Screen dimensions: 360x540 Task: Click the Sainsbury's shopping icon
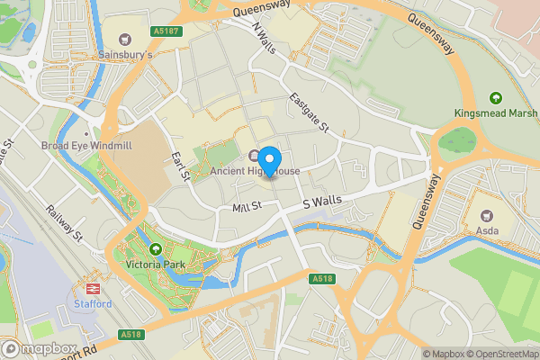click(x=125, y=39)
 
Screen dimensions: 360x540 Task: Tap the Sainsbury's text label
click(x=125, y=55)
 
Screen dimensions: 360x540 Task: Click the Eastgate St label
click(x=309, y=112)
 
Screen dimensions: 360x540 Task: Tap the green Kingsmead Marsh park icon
click(x=494, y=98)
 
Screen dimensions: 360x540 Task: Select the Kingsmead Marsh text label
click(x=494, y=114)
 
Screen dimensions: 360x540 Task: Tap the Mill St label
click(x=246, y=206)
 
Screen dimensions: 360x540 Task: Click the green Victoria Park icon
click(x=156, y=249)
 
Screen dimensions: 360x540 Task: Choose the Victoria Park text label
click(x=156, y=265)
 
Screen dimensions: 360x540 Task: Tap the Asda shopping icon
click(x=489, y=216)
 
